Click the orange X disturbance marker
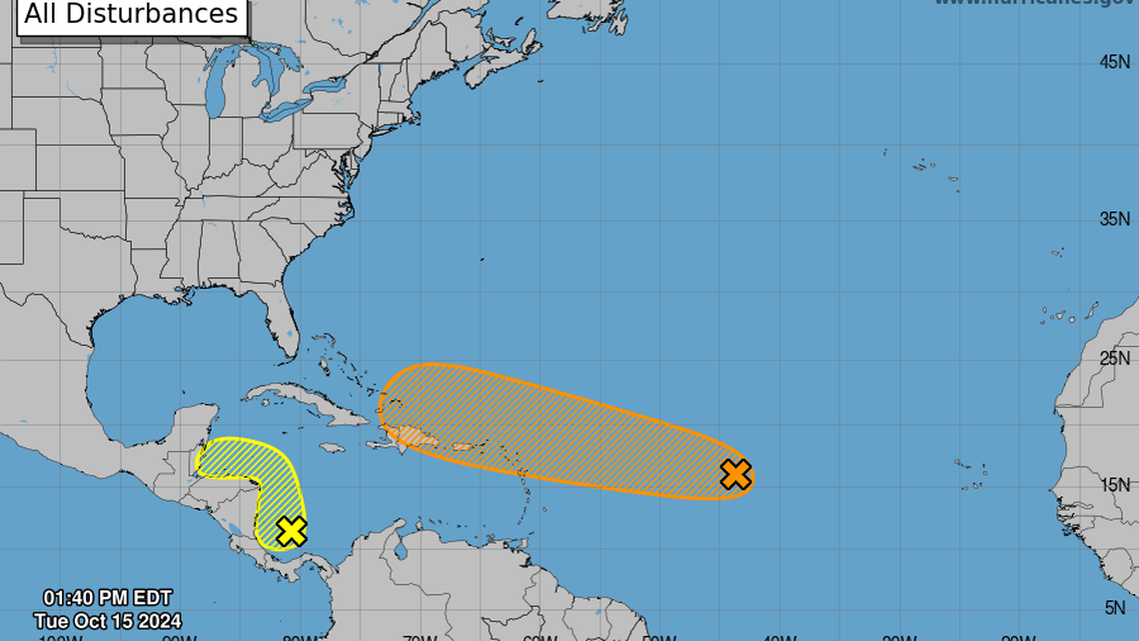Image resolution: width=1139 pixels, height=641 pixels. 735,474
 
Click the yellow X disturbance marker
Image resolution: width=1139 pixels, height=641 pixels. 291,531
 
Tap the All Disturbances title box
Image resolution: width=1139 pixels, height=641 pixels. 131,14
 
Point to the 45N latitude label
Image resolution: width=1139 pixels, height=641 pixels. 1114,62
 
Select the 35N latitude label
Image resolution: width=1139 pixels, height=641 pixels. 1114,219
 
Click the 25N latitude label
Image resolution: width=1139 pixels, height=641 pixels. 1114,358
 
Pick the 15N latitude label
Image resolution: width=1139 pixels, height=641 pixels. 1114,485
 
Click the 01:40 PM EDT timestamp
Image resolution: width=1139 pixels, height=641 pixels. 107,600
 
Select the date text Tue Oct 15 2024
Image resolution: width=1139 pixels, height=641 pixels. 107,621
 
